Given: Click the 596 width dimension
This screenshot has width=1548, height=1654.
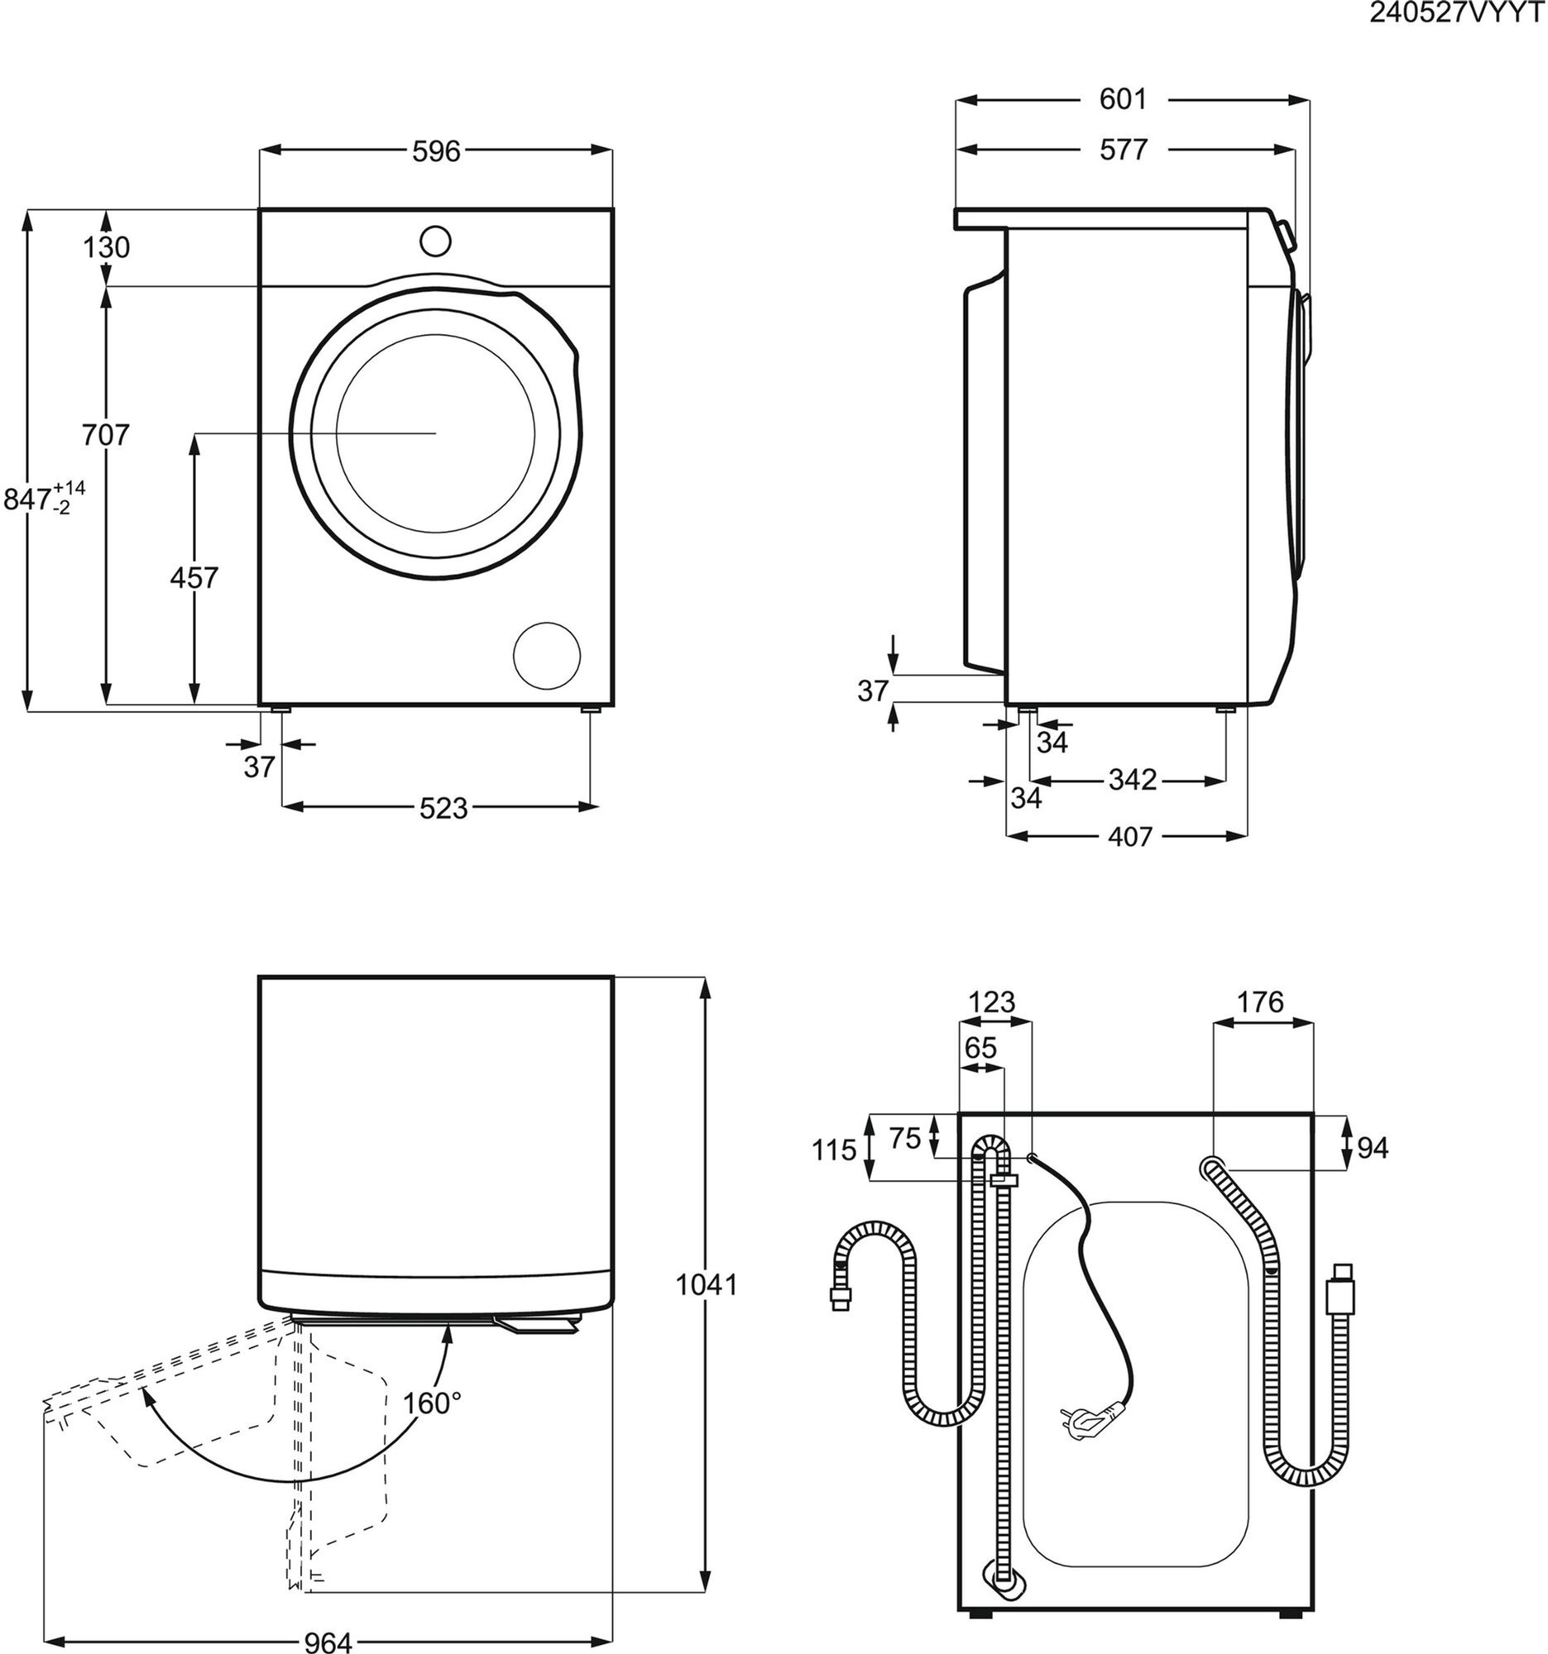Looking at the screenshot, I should [x=436, y=151].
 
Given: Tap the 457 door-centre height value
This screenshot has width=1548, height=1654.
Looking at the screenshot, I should [x=194, y=577].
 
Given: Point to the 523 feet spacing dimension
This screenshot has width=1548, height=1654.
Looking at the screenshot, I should [x=443, y=807].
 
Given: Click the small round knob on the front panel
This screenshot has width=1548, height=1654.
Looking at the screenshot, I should [x=435, y=241].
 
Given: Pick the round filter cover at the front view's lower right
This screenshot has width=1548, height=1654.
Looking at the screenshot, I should [x=547, y=656].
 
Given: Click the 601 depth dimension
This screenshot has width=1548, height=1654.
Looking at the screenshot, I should [x=1123, y=99].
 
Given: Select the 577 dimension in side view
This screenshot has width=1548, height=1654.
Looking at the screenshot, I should [x=1123, y=150].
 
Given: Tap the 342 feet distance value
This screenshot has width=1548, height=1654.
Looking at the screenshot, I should [x=1133, y=780].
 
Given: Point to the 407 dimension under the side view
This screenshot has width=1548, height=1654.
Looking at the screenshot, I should [x=1129, y=836].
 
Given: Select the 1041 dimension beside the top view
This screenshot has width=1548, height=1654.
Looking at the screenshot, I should [x=706, y=1285].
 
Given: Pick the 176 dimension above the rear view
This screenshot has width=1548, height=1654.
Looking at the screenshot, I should [x=1259, y=1002].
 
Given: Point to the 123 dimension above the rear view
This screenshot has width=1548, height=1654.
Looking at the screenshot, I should [x=992, y=1002].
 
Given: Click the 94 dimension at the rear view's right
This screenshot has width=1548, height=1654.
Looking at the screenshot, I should [x=1373, y=1148].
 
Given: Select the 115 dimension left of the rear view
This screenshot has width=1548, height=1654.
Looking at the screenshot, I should [x=834, y=1150].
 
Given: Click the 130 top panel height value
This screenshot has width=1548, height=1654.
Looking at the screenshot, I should [x=107, y=247].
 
